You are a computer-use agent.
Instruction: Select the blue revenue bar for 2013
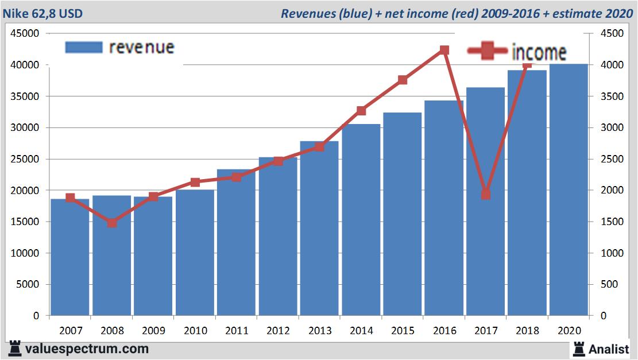pos(319,230)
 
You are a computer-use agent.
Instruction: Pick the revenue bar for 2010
pos(195,253)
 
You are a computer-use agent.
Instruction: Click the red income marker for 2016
pos(444,51)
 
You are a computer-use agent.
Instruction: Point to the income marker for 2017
pos(486,195)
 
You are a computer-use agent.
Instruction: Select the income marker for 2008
pos(112,223)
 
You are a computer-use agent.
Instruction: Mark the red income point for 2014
pos(361,111)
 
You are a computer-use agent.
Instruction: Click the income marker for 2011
pos(237,177)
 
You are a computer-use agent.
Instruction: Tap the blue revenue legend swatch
pos(84,47)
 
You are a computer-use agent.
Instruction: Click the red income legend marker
pos(487,52)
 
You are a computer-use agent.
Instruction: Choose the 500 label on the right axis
pos(609,284)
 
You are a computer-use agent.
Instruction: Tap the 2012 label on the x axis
pos(278,331)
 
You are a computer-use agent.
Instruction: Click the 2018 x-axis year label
pos(527,331)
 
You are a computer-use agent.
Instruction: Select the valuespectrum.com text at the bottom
pos(87,349)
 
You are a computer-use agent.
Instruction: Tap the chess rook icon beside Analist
pos(578,349)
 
